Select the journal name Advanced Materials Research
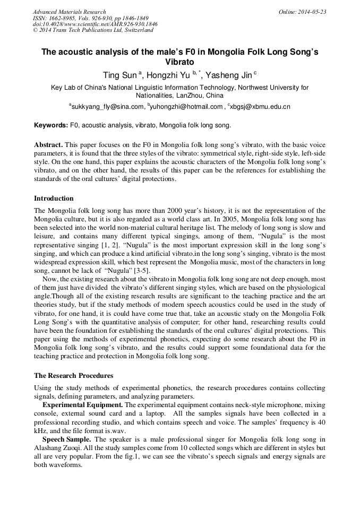point(70,12)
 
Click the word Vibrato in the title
point(179,62)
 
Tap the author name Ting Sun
point(119,75)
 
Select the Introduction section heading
point(54,199)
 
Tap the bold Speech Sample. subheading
point(67,440)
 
